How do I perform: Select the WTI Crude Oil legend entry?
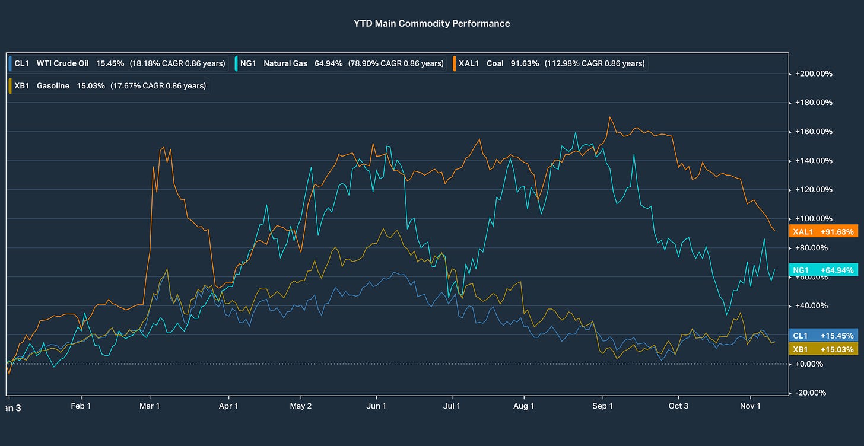point(119,63)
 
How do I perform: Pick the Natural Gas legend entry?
point(341,63)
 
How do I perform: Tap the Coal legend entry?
point(551,63)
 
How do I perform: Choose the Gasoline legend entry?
point(109,86)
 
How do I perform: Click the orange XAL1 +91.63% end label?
point(823,232)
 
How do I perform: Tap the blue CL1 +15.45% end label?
point(823,336)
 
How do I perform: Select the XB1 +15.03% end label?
point(823,349)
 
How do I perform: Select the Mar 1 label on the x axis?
point(150,406)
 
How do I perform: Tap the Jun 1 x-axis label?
point(376,406)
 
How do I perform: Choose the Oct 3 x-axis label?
point(678,406)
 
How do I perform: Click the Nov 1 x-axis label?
point(750,406)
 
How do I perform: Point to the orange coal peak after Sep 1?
point(610,117)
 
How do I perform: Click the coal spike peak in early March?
point(163,148)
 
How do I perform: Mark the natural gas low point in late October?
point(726,314)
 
